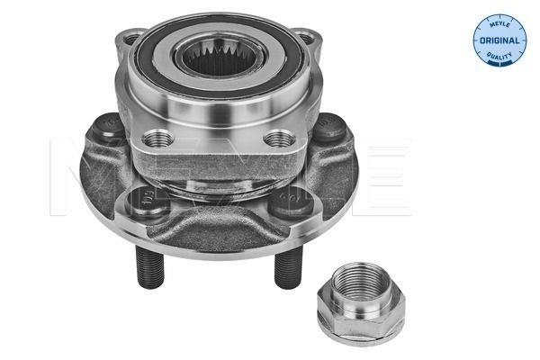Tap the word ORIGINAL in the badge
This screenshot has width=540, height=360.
click(x=499, y=41)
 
